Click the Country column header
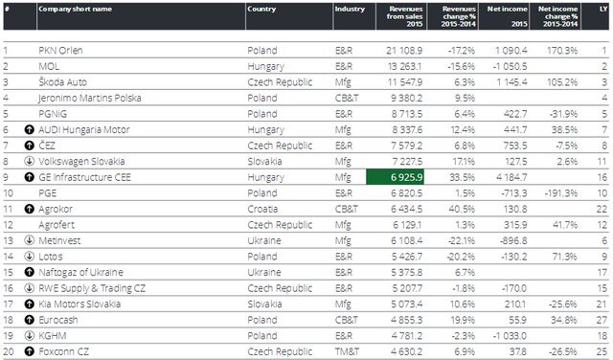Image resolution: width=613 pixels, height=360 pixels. click(261, 9)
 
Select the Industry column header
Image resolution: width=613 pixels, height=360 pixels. click(350, 9)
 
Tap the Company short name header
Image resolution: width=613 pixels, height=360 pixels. click(75, 9)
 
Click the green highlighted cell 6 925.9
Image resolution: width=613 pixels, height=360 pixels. click(395, 177)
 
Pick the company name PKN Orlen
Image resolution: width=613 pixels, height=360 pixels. click(60, 51)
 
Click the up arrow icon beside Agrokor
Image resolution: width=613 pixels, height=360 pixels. click(30, 209)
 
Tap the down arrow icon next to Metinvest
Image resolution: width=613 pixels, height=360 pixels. click(30, 240)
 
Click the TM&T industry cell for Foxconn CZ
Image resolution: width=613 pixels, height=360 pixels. click(347, 351)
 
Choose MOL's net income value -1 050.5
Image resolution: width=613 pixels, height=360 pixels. click(510, 66)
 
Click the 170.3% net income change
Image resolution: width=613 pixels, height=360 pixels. click(562, 51)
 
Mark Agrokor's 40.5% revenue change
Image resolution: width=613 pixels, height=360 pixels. click(462, 209)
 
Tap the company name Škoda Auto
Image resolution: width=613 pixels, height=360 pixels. click(62, 82)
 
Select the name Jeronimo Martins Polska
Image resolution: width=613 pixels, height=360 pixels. click(89, 98)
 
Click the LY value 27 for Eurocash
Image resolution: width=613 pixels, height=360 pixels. click(602, 320)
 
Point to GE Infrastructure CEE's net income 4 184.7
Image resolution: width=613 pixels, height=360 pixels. click(511, 177)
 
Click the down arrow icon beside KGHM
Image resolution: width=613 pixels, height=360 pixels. click(30, 335)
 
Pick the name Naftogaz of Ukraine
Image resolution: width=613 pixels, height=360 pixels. click(80, 272)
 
